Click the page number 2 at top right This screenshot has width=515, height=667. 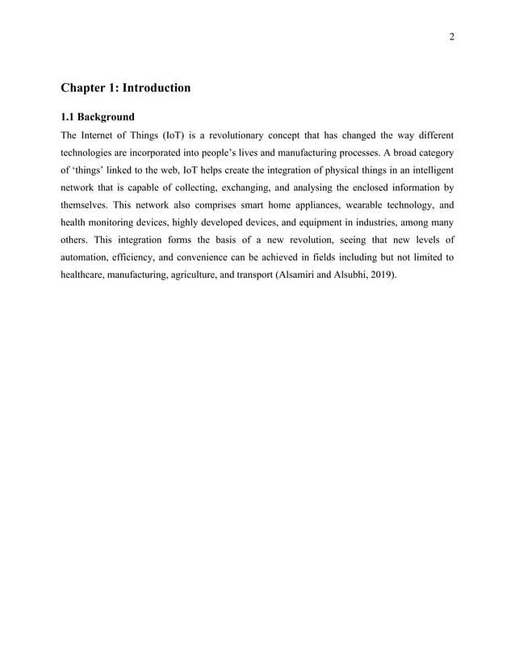pos(452,36)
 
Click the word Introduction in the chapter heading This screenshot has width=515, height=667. pos(157,87)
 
